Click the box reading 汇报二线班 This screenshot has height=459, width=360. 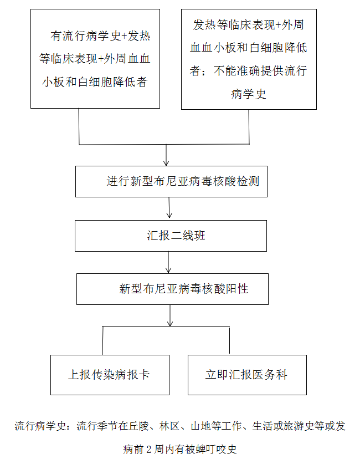pos(171,236)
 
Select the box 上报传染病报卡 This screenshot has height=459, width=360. pos(109,375)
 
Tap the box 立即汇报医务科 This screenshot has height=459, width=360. pos(247,375)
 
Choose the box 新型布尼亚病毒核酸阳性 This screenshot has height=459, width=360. pos(172,289)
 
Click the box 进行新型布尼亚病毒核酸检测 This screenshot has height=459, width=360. pos(171,181)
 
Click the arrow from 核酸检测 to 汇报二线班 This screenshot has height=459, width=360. pos(169,208)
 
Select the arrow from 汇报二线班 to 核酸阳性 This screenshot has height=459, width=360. pos(169,262)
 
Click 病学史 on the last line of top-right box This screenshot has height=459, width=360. pos(248,94)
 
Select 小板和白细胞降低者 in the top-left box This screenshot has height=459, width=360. pos(95,82)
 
